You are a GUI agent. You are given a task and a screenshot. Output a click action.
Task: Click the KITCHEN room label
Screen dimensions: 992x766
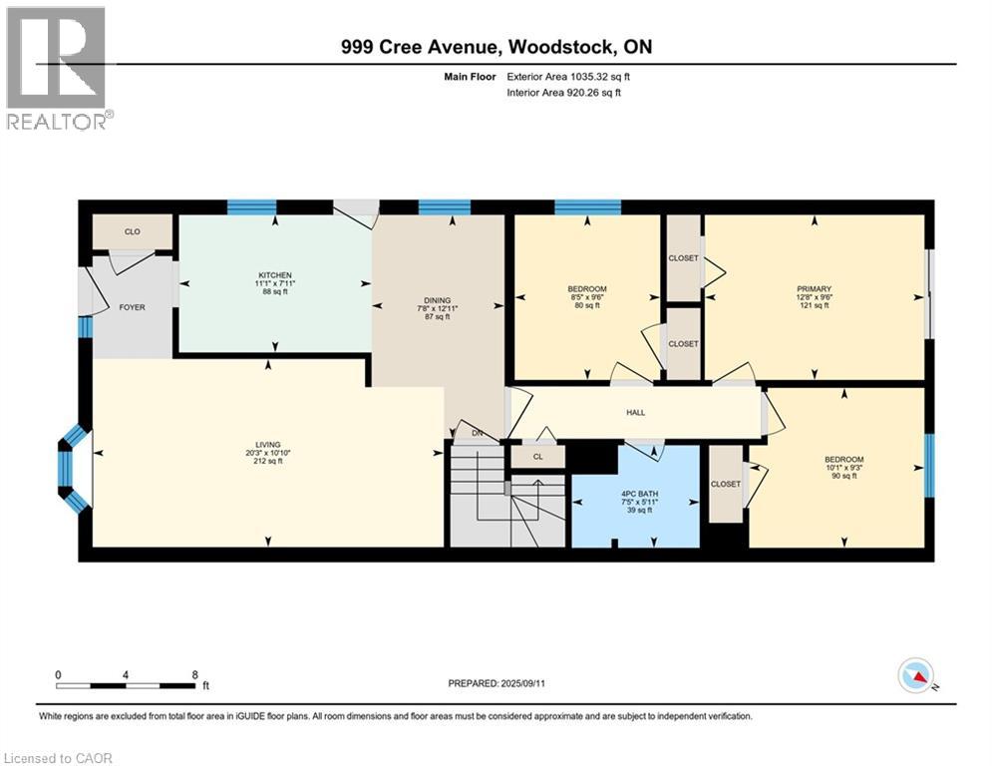274,275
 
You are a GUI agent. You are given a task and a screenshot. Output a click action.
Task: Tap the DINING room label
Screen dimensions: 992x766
437,300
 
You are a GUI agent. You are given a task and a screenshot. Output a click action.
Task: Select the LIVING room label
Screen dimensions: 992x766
267,445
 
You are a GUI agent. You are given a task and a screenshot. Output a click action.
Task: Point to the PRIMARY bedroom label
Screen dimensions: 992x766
814,288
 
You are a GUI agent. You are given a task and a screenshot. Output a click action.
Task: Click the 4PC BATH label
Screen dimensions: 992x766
640,494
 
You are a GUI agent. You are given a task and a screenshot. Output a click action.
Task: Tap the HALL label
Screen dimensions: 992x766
636,413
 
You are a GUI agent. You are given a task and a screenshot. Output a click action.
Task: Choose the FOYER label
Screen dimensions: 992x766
133,307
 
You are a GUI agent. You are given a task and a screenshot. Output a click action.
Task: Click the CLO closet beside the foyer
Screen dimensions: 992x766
133,231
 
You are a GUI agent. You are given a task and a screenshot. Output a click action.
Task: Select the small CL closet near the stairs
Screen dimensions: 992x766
537,457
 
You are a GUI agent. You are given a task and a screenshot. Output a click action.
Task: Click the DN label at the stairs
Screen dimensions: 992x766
477,434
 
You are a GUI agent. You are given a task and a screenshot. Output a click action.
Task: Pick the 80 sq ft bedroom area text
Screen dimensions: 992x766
587,306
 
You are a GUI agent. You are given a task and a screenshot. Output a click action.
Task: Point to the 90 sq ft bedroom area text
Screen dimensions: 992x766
844,476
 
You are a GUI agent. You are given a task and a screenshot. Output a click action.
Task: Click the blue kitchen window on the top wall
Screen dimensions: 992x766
252,207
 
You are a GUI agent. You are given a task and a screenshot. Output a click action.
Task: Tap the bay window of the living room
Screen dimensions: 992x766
74,469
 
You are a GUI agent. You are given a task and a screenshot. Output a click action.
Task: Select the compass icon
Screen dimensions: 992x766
916,677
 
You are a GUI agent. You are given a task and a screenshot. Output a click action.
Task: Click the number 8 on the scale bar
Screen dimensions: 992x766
194,675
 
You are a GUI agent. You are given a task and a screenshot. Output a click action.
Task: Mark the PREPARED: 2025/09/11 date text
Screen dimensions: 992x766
496,683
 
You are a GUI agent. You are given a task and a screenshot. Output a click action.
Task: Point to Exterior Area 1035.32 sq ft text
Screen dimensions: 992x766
568,77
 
